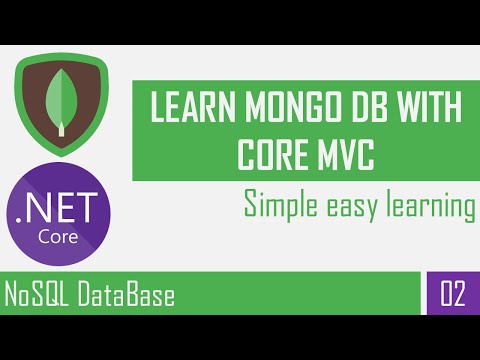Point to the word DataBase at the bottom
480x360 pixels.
(124, 297)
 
